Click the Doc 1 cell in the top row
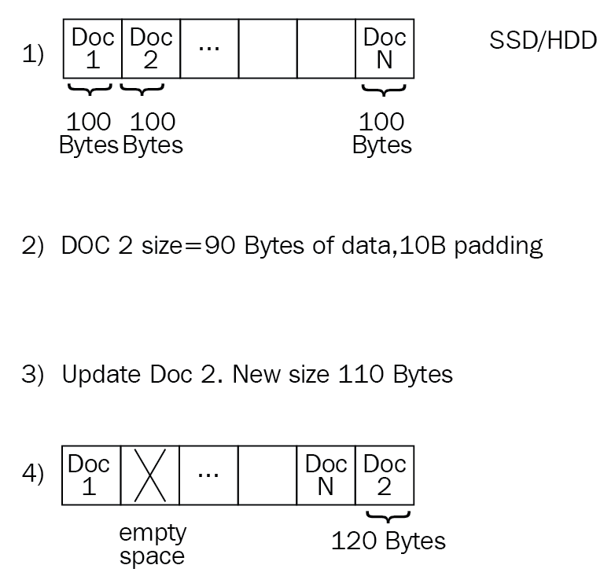click(x=93, y=50)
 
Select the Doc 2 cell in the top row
click(x=151, y=50)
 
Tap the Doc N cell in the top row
click(x=385, y=50)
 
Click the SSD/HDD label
click(x=543, y=41)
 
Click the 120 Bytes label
click(x=388, y=541)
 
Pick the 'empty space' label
click(x=153, y=545)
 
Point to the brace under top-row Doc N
click(x=383, y=90)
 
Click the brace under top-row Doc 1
click(x=91, y=90)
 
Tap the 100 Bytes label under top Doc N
click(x=382, y=134)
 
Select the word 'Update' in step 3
click(x=101, y=373)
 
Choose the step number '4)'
click(x=33, y=476)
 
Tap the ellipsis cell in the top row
click(x=209, y=50)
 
